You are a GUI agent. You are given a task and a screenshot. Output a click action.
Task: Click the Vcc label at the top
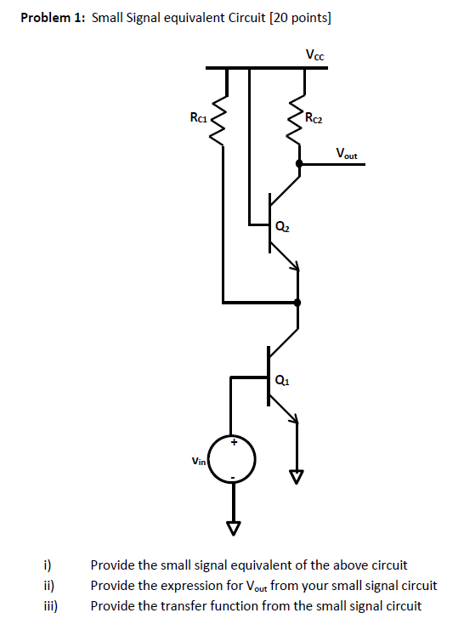click(x=315, y=55)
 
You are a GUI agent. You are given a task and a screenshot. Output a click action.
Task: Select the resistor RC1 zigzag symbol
click(x=224, y=119)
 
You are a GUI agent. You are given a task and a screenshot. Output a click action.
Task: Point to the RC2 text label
click(x=313, y=118)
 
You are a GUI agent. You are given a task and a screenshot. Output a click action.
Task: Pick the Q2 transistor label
click(x=282, y=227)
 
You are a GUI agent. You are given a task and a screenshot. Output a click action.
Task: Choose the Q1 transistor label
click(x=282, y=380)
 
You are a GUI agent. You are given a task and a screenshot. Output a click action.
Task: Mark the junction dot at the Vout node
click(x=298, y=163)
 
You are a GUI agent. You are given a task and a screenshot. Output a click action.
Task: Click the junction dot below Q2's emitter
click(x=297, y=302)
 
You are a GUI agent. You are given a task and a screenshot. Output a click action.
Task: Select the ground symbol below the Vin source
click(x=231, y=528)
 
